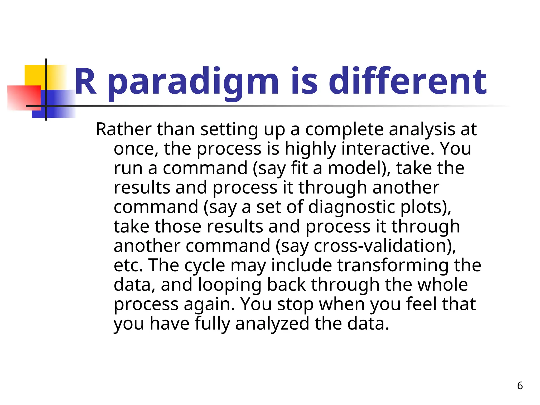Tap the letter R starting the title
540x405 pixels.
point(85,82)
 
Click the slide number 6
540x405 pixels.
point(520,386)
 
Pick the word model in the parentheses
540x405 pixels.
point(355,168)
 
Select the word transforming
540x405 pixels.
point(393,265)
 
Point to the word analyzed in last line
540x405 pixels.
point(272,324)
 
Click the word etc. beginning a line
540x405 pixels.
point(128,265)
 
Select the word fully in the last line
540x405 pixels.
point(212,324)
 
